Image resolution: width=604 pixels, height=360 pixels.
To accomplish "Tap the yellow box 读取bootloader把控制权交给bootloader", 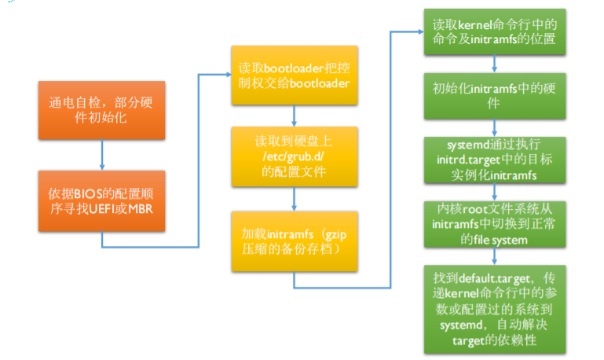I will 293,76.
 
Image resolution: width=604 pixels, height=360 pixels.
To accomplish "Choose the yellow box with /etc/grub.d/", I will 293,155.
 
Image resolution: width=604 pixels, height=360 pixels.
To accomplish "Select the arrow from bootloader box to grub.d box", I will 293,116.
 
